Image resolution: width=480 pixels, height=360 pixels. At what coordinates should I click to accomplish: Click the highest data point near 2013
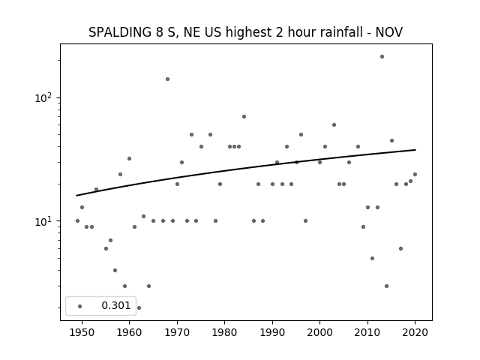coord(382,57)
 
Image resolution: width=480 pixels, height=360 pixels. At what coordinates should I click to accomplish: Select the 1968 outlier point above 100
coord(167,79)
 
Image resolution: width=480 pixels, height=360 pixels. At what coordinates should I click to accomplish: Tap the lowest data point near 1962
coord(139,307)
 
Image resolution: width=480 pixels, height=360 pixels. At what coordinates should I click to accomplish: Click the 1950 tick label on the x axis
coord(82,332)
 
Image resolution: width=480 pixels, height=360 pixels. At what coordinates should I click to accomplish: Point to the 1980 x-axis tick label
coord(224,332)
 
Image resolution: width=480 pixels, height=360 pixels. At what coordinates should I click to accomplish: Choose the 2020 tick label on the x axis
coord(415,332)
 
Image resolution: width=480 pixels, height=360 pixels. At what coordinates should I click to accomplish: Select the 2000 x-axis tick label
coord(319,332)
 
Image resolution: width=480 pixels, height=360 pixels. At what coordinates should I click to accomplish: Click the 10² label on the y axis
coord(43,98)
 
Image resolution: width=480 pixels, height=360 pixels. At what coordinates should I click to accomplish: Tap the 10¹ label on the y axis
coord(43,221)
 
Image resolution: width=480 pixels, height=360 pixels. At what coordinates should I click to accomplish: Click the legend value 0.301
coord(116,305)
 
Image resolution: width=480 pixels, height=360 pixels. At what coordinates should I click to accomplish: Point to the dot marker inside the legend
coord(79,306)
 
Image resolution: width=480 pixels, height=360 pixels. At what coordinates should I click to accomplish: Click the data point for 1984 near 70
coord(244,117)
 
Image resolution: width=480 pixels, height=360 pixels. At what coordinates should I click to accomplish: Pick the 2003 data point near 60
coord(334,125)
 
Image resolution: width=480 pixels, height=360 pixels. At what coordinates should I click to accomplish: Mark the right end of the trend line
coord(415,150)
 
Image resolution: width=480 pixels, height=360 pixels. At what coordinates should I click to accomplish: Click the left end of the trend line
coord(76,196)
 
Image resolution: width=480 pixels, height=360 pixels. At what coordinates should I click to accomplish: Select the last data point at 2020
coord(415,175)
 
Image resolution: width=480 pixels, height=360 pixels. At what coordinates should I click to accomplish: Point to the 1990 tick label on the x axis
coord(272,332)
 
